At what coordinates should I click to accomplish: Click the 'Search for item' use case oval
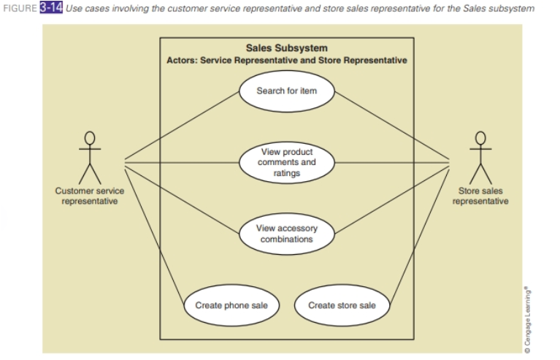click(x=286, y=91)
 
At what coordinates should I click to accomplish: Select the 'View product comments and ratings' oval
click(x=286, y=162)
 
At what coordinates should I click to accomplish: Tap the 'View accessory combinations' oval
click(x=286, y=234)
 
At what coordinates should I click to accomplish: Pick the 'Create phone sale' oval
click(x=231, y=305)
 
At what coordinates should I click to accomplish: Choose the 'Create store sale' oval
click(x=342, y=305)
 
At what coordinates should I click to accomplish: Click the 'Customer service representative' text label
click(x=90, y=196)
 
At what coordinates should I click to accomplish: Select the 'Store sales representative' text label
click(x=480, y=196)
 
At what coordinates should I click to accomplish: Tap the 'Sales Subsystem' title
click(x=286, y=48)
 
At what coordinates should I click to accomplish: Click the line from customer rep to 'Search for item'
click(x=183, y=126)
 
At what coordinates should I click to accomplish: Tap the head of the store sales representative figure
click(x=480, y=137)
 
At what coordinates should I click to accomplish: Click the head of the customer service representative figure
click(x=90, y=137)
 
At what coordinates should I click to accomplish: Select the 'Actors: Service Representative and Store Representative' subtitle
click(x=286, y=60)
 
